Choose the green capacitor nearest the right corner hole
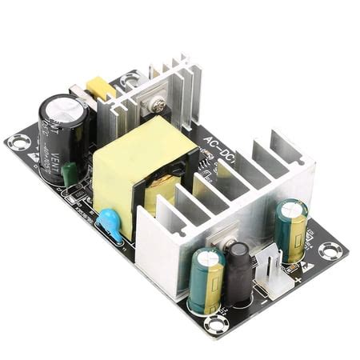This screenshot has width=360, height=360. [x=291, y=230]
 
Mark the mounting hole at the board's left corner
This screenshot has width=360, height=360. [x=18, y=142]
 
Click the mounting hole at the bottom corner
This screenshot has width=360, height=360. [x=215, y=323]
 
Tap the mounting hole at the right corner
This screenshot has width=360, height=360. [x=330, y=250]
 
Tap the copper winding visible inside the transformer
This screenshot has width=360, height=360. [x=164, y=192]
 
